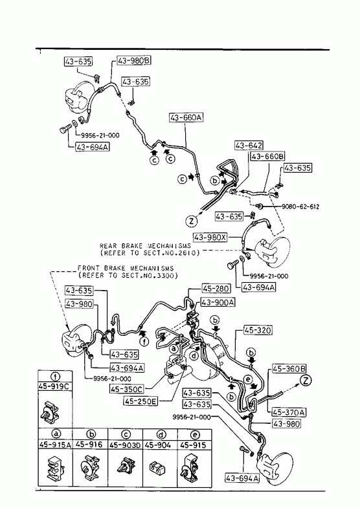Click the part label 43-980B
pos(133,61)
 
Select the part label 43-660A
pos(186,117)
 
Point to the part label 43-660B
pos(267,157)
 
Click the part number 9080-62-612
pos(300,206)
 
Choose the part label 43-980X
pos(210,237)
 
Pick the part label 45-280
pos(216,289)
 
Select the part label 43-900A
pos(218,302)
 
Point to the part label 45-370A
pos(289,412)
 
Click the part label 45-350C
pos(127,389)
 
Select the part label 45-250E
pos(141,401)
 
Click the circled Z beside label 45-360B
pos(306,381)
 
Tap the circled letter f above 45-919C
pos(56,376)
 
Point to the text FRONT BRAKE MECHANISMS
pos(126,269)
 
